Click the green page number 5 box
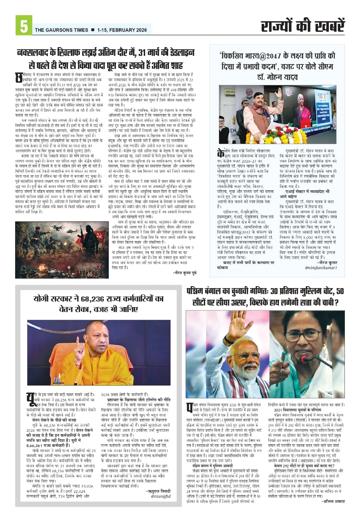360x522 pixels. tap(23, 25)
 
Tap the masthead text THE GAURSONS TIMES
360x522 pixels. tap(61, 30)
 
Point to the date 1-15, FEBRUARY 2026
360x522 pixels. tap(122, 30)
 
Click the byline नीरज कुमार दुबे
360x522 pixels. tap(185, 273)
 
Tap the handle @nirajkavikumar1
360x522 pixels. tap(321, 268)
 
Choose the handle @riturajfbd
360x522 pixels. tap(160, 496)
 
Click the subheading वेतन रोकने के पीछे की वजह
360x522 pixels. tap(54, 420)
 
